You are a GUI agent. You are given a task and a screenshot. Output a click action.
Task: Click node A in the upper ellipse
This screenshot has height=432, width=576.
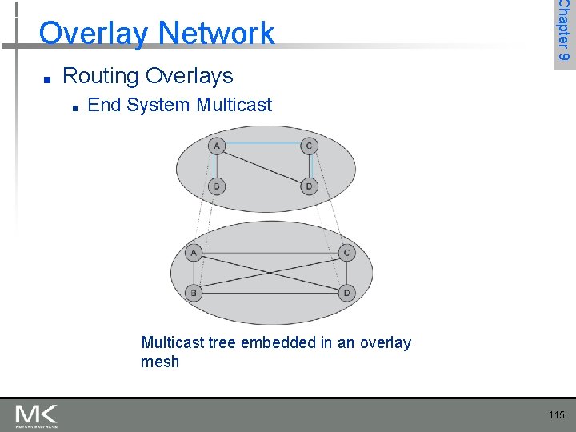click(x=216, y=146)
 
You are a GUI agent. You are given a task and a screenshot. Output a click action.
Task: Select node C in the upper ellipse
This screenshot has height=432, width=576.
click(x=309, y=146)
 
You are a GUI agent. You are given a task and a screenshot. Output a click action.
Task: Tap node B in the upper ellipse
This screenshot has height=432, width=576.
click(x=216, y=186)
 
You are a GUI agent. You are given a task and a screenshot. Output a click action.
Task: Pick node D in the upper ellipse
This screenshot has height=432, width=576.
click(x=309, y=186)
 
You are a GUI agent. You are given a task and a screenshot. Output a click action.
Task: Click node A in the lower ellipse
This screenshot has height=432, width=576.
click(x=194, y=253)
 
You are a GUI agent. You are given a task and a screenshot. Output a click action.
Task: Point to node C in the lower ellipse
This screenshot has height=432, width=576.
click(x=346, y=253)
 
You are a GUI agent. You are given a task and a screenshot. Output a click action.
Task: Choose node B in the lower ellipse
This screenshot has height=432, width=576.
click(x=194, y=292)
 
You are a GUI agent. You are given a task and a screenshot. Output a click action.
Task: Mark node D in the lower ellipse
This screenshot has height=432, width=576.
click(x=346, y=292)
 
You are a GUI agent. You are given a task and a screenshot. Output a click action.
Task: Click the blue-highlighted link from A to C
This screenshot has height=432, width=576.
click(x=262, y=145)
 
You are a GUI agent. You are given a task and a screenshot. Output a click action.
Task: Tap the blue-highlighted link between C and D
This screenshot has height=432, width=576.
click(x=310, y=166)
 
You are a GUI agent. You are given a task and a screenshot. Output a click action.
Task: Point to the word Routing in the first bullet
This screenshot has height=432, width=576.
click(x=101, y=76)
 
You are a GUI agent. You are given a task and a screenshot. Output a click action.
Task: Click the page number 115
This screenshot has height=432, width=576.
click(x=557, y=414)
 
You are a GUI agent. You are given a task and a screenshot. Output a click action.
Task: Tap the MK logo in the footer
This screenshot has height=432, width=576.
click(x=36, y=415)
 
